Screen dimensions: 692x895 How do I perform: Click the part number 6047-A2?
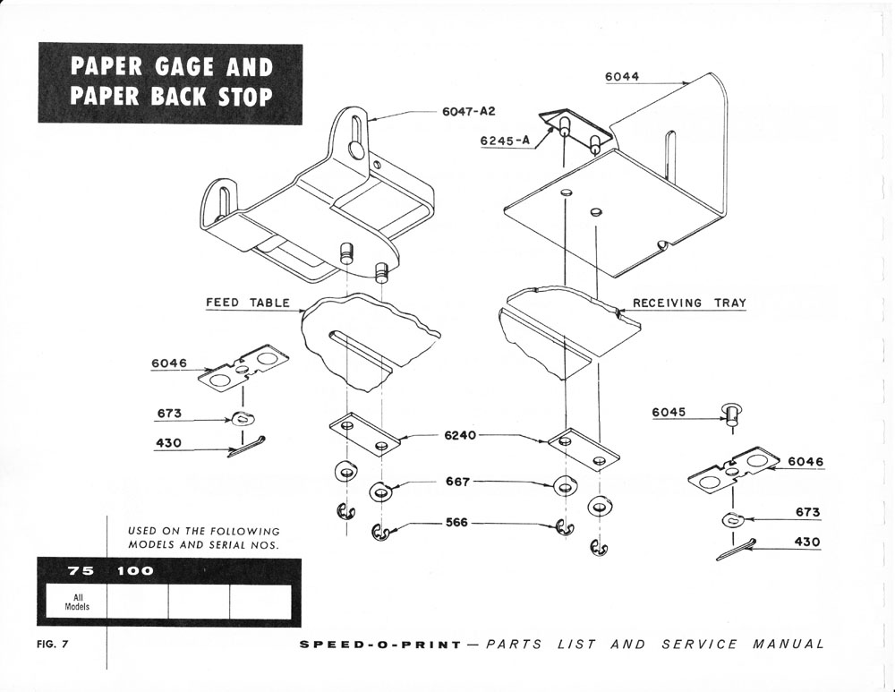pyautogui.click(x=468, y=112)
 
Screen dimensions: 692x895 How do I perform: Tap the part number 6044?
pyautogui.click(x=622, y=77)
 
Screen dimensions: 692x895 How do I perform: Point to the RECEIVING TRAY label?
pyautogui.click(x=689, y=303)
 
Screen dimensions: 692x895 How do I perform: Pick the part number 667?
pyautogui.click(x=457, y=483)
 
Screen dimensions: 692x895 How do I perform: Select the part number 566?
pyautogui.click(x=457, y=523)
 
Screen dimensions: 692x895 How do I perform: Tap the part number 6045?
pyautogui.click(x=669, y=413)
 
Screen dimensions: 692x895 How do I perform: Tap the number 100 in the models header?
pyautogui.click(x=134, y=570)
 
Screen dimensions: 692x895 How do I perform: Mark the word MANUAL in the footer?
pyautogui.click(x=788, y=645)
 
